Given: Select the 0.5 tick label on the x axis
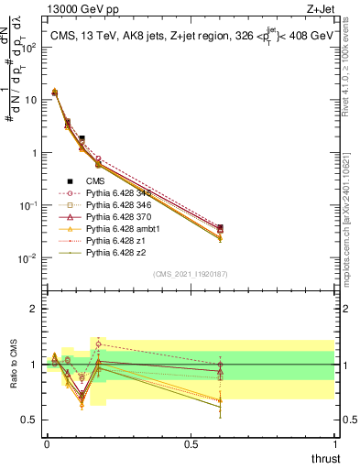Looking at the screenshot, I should pyautogui.click(x=191, y=443).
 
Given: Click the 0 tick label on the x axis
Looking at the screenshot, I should pyautogui.click(x=47, y=443).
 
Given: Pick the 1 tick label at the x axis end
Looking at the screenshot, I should pyautogui.click(x=334, y=443).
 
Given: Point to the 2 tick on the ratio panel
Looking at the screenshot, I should pyautogui.click(x=33, y=309).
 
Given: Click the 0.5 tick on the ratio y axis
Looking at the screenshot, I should pyautogui.click(x=29, y=420).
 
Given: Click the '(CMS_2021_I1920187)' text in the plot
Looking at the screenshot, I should pyautogui.click(x=190, y=273).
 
